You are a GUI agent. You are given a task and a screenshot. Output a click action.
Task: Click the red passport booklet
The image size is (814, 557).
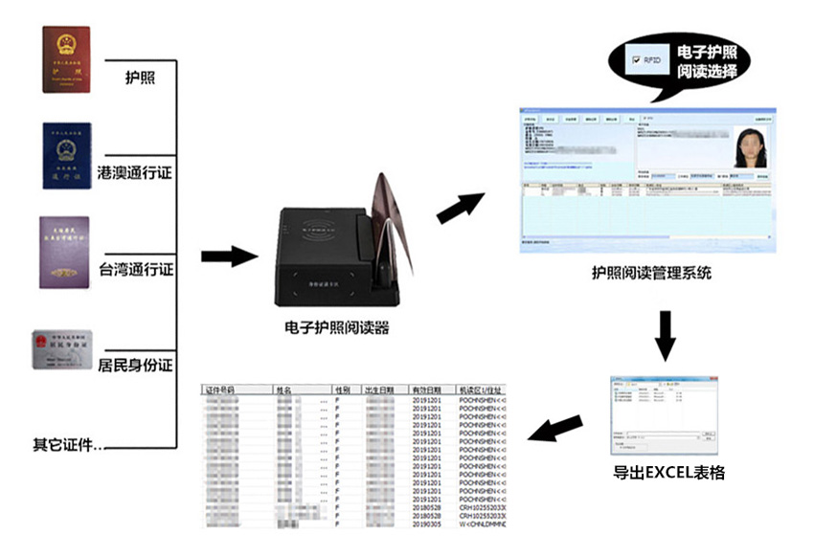[x=66, y=59]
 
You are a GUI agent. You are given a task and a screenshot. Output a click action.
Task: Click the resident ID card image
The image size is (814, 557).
[x=62, y=350]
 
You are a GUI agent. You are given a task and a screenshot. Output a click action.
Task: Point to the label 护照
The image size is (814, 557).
[x=141, y=77]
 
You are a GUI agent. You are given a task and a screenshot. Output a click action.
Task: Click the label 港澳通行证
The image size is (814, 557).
[x=135, y=174]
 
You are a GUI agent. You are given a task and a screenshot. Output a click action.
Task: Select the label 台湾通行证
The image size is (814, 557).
[x=136, y=270]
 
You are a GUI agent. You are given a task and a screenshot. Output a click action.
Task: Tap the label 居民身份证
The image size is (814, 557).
[x=135, y=365]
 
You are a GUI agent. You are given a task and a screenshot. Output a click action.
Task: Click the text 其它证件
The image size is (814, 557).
[x=67, y=445]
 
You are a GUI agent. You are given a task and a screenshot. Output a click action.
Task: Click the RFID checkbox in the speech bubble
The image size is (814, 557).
[x=635, y=60]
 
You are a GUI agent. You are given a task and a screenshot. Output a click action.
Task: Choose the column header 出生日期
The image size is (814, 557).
[x=380, y=391]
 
